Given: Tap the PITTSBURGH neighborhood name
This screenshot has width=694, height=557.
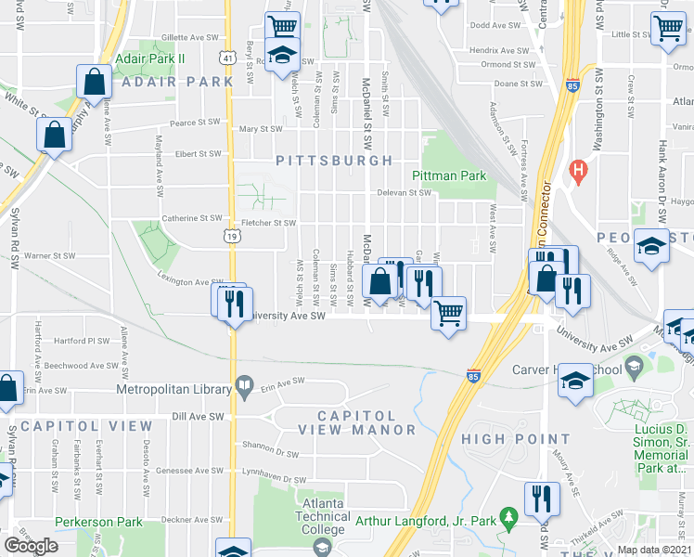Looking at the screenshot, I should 335,161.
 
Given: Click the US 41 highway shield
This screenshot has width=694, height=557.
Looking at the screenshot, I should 228,58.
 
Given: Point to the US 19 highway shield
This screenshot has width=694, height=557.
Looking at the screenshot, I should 229,238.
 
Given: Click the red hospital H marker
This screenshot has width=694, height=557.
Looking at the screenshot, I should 580,171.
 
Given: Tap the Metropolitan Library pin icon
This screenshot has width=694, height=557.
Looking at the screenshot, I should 244,385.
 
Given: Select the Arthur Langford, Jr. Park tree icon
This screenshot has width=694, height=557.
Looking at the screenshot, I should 508,515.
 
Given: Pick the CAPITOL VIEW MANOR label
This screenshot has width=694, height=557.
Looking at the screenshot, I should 357,422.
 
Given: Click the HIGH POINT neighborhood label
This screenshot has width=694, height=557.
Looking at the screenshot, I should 516,439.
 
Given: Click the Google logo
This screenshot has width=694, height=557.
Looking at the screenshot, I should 31,546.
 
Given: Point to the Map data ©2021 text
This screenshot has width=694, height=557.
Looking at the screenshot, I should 655,550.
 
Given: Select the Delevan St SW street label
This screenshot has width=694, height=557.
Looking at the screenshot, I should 405,193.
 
